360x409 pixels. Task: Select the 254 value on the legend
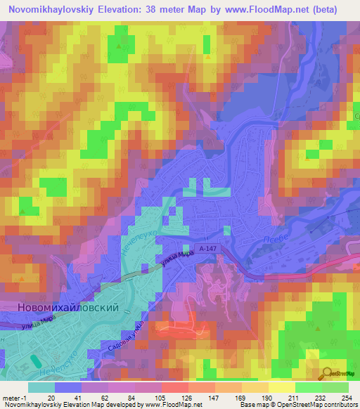347,397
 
